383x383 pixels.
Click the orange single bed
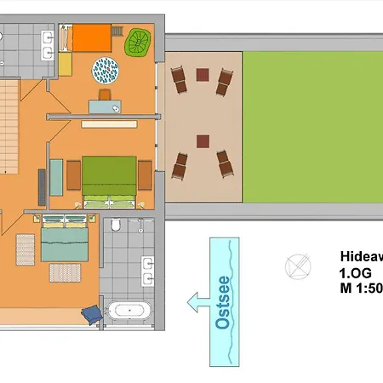89,37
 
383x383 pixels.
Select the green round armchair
137,43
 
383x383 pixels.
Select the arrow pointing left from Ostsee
197,300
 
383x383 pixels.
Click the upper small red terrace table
203,75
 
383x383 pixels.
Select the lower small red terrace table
203,140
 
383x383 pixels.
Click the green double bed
108,178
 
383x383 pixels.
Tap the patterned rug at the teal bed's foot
64,272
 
